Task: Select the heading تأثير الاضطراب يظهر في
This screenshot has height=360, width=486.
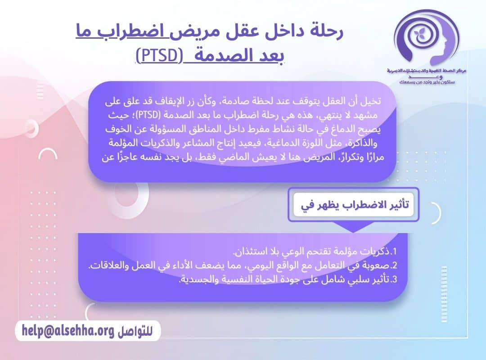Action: [x=355, y=205]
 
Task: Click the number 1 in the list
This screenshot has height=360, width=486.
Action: [x=395, y=251]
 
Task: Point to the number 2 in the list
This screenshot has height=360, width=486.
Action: [x=395, y=265]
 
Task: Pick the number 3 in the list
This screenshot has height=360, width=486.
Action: [x=395, y=279]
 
